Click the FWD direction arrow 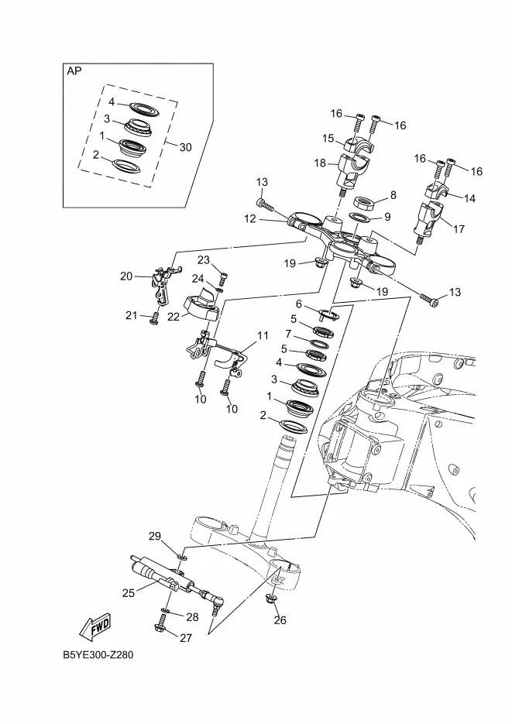95,626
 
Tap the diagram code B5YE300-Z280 98,655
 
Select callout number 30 185,147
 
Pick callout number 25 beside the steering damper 129,592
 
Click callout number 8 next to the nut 393,195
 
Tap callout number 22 174,317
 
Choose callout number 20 126,276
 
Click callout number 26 280,619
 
